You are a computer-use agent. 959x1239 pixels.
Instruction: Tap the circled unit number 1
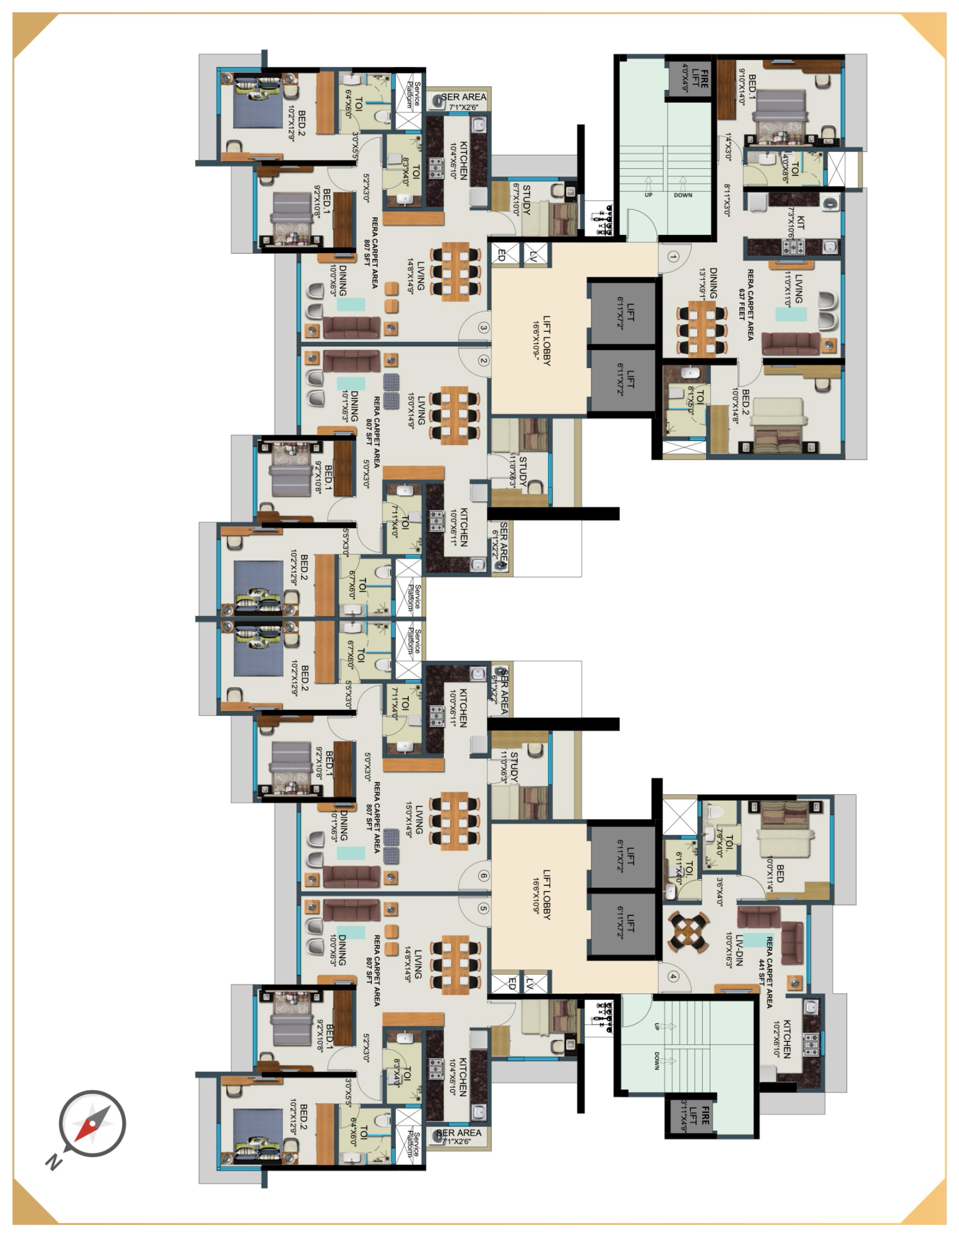672,257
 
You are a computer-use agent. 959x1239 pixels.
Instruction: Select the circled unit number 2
483,360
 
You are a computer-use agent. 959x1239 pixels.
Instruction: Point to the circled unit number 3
483,328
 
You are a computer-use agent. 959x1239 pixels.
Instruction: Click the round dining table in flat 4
688,932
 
